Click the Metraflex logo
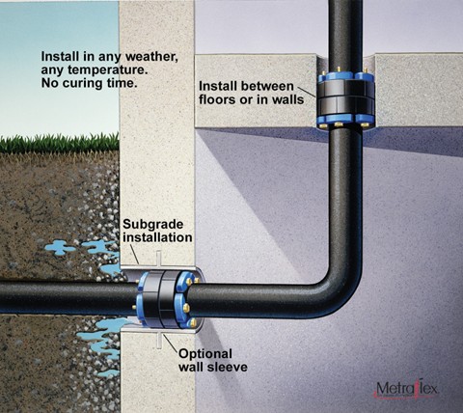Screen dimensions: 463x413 point(407,389)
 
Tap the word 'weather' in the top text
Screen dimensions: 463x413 point(151,57)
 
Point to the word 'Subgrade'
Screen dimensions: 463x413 point(153,225)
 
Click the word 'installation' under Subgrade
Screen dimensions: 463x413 point(157,237)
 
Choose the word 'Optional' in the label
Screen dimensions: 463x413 point(205,354)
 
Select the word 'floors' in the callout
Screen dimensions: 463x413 point(216,99)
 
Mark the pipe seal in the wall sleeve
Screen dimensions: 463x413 point(167,300)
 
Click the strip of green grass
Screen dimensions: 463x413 point(60,144)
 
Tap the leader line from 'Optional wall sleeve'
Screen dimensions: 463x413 point(171,343)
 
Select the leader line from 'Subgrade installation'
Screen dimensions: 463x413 point(135,254)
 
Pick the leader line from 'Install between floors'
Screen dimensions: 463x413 point(307,92)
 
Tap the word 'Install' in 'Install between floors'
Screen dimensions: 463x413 point(218,86)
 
